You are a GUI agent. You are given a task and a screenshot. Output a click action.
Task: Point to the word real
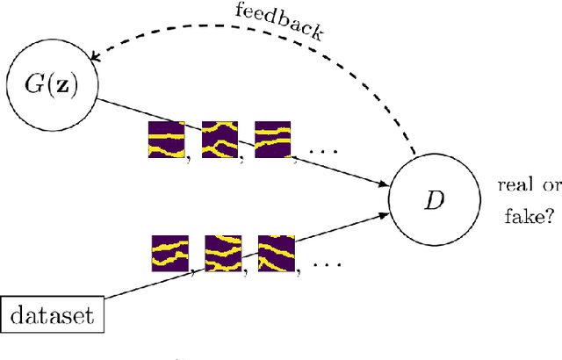(515, 186)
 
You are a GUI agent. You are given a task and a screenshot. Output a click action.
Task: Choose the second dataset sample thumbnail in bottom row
(222, 253)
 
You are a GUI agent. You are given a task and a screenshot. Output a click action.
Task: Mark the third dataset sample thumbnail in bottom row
(276, 253)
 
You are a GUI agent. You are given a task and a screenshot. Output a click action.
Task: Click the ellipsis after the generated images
(323, 152)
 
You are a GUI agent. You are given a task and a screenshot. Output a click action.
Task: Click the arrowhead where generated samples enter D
(386, 184)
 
